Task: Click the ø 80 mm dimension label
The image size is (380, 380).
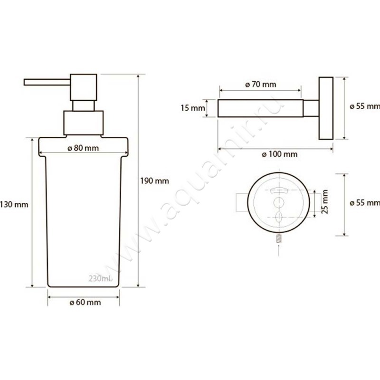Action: [83, 148]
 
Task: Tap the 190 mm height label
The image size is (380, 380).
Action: [155, 181]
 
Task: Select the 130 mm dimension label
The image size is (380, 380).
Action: [14, 205]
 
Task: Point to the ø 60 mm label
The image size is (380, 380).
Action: [85, 302]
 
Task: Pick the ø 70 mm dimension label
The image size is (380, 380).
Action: [260, 85]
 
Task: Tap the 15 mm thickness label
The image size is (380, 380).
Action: [193, 108]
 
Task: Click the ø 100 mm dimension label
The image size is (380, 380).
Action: [280, 154]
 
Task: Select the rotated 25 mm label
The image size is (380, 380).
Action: [324, 201]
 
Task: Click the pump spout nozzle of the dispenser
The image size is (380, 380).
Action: [47, 82]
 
